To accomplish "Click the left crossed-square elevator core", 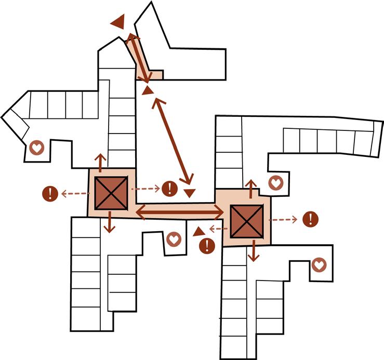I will click(x=110, y=193).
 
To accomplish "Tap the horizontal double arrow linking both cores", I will click(x=179, y=211).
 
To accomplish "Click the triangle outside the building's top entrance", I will click(x=119, y=22).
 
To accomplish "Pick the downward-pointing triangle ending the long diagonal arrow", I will click(x=190, y=193).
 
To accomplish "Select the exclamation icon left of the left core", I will click(x=50, y=194).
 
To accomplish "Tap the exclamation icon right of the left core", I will click(x=169, y=188).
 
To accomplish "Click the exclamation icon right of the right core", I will click(x=310, y=219).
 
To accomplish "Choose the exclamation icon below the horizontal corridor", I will click(x=207, y=245).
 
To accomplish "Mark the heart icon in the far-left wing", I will click(x=36, y=148).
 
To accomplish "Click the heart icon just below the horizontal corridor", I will click(x=174, y=239).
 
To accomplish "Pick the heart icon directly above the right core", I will click(x=275, y=183).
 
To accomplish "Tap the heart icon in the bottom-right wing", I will click(x=319, y=265).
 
